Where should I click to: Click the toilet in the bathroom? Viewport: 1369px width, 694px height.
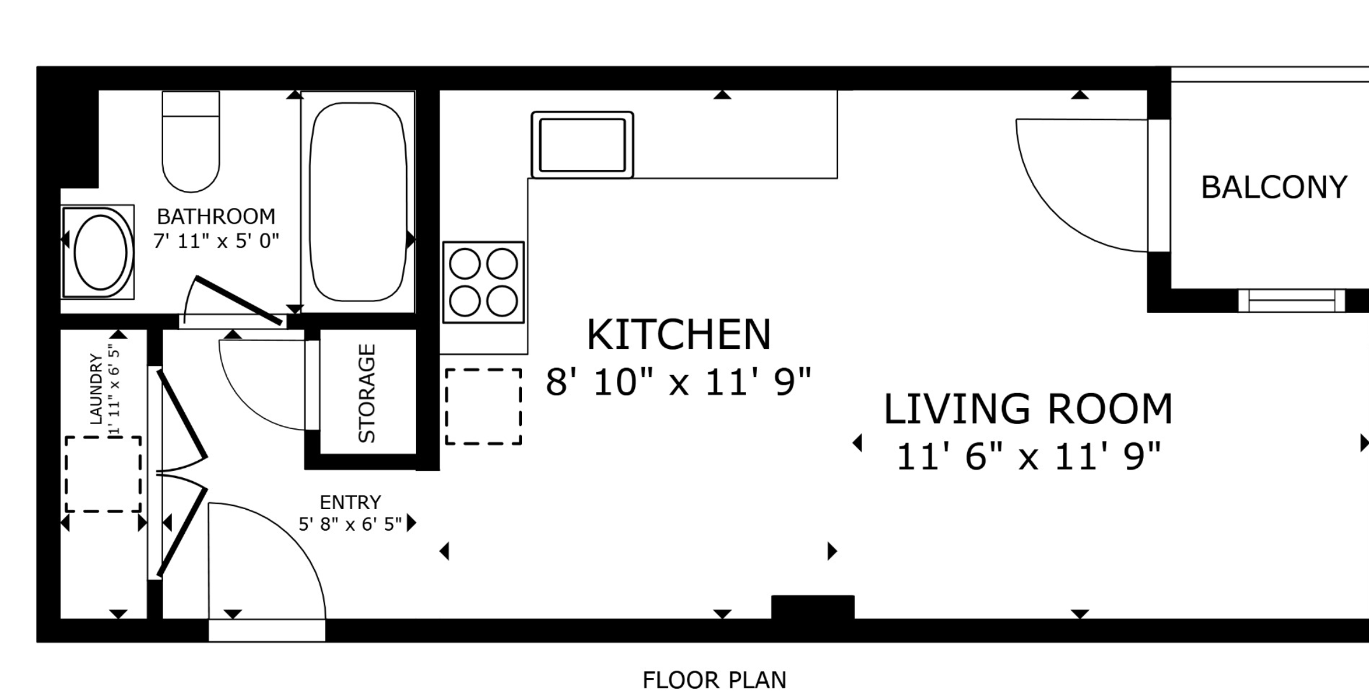click(x=191, y=141)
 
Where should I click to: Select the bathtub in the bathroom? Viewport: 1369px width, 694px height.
click(x=358, y=202)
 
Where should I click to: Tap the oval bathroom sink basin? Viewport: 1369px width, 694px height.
click(x=100, y=252)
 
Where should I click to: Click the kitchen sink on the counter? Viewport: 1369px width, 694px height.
click(x=582, y=145)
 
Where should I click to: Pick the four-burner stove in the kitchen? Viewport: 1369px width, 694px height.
click(x=483, y=282)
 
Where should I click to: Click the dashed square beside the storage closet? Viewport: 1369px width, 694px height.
click(x=483, y=407)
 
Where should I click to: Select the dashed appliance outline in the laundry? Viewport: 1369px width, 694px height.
click(x=103, y=474)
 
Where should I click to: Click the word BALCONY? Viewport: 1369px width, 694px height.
click(x=1274, y=187)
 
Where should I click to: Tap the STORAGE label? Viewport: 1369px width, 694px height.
click(x=366, y=393)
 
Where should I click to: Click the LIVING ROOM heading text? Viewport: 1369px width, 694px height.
click(x=1028, y=409)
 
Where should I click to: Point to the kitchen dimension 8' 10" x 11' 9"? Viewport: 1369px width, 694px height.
click(x=679, y=382)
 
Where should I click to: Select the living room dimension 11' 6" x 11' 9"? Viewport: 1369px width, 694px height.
click(x=1028, y=456)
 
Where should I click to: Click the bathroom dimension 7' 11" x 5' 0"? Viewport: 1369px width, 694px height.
click(x=216, y=241)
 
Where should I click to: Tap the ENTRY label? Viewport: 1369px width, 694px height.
click(x=350, y=502)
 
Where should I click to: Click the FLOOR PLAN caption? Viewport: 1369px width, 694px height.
click(x=714, y=680)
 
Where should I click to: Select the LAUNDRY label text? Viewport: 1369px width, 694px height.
click(x=96, y=389)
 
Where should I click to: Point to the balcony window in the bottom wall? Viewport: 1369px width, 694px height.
click(x=1291, y=300)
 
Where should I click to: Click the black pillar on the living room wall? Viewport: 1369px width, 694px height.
click(x=812, y=607)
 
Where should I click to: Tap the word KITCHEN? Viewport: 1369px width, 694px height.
click(x=679, y=334)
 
